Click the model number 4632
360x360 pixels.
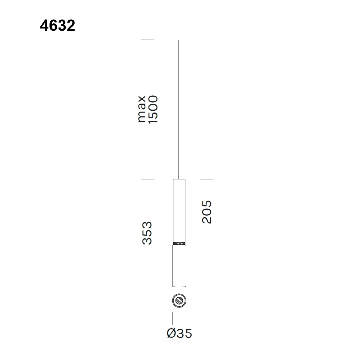pos(58,25)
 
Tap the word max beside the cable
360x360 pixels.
pos(141,109)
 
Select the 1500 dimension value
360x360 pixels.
pos(153,109)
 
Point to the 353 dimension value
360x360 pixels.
pos(147,233)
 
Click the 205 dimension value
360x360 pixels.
pos(207,212)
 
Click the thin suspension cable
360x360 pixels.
pos(179,109)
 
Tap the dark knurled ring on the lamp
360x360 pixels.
pos(179,243)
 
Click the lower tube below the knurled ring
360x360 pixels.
pos(179,266)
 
